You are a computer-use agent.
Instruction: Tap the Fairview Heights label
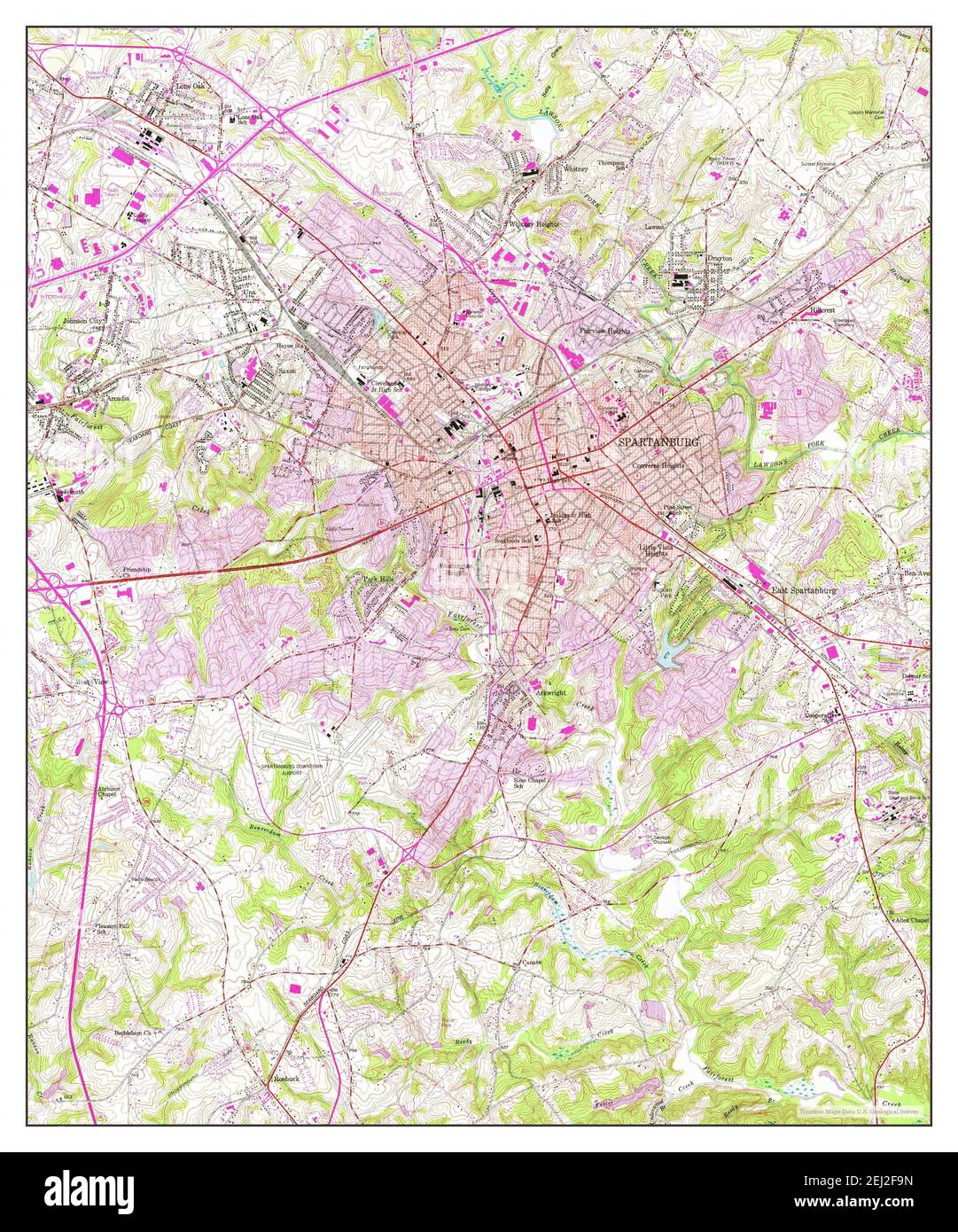[x=604, y=331]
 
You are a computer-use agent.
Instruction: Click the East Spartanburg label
[x=804, y=590]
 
